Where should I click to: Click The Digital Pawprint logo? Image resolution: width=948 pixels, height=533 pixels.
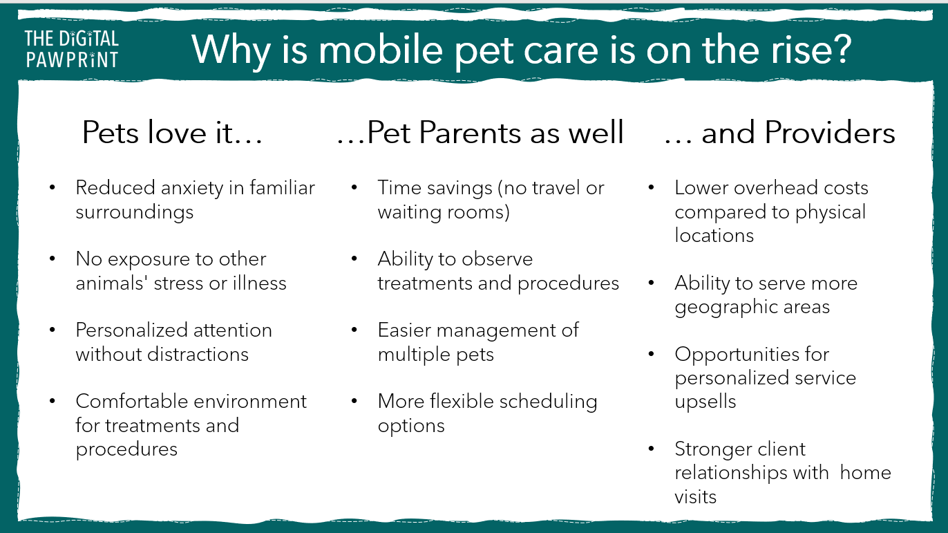pyautogui.click(x=72, y=48)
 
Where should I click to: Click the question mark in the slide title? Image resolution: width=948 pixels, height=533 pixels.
pyautogui.click(x=840, y=48)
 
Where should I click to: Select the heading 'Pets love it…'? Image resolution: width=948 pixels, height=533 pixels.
pyautogui.click(x=172, y=133)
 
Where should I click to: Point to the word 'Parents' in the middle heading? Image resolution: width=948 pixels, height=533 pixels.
pyautogui.click(x=470, y=133)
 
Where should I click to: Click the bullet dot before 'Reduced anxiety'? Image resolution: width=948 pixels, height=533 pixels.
pyautogui.click(x=53, y=187)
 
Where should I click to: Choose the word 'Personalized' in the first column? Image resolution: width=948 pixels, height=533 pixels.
pyautogui.click(x=125, y=330)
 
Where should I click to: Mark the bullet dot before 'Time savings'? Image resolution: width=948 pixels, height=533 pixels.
pyautogui.click(x=354, y=187)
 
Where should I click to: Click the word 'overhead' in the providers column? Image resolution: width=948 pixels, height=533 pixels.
pyautogui.click(x=766, y=188)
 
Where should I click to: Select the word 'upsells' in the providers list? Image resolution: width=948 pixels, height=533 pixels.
pyautogui.click(x=705, y=402)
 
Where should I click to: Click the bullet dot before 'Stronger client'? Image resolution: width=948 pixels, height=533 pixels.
pyautogui.click(x=652, y=449)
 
